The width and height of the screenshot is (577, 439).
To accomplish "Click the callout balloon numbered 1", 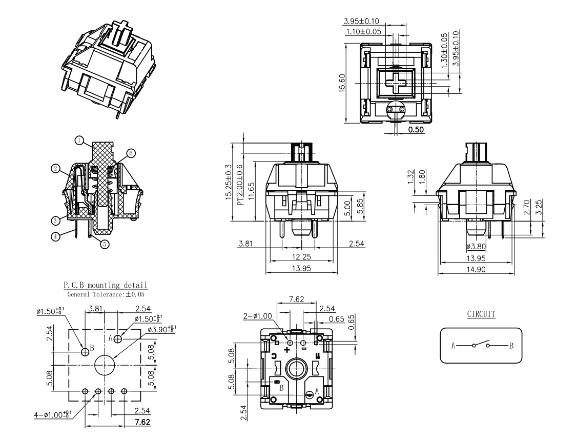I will (79, 139).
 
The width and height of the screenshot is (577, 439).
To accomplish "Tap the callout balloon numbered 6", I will (131, 153).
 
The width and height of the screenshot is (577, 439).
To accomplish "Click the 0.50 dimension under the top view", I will (416, 130).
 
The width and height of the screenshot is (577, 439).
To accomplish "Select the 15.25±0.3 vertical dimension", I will (229, 183).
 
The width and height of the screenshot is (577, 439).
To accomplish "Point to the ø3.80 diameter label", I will (476, 247).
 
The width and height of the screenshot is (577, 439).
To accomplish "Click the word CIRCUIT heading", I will (481, 314).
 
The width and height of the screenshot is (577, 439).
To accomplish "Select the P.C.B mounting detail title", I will (105, 285).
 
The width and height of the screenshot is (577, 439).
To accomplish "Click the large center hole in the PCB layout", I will (105, 364).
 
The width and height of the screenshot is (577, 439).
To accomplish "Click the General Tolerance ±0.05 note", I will (105, 294).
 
